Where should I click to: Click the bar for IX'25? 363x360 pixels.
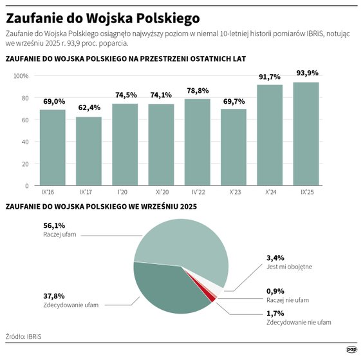pos(306,134)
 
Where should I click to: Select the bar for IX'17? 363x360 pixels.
pos(89,151)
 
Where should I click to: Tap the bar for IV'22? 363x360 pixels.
pos(198,142)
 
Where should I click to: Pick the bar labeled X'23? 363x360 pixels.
pos(234,147)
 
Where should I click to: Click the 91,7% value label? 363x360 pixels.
pos(270,77)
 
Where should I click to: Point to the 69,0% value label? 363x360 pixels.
pos(53,102)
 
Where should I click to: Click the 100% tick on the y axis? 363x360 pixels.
pos(22,76)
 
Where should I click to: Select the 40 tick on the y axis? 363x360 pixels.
pos(25,142)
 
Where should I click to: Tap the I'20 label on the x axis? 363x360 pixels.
pos(125,192)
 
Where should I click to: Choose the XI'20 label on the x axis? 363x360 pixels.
pos(161,192)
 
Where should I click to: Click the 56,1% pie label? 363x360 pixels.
pos(54,225)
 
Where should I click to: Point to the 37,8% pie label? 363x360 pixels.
pos(54,296)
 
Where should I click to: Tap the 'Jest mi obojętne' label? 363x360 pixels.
pos(290,267)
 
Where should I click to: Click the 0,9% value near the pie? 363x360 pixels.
pos(275,290)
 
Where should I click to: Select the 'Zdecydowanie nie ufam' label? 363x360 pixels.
pos(299,321)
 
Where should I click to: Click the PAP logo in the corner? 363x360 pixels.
pos(351,349)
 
